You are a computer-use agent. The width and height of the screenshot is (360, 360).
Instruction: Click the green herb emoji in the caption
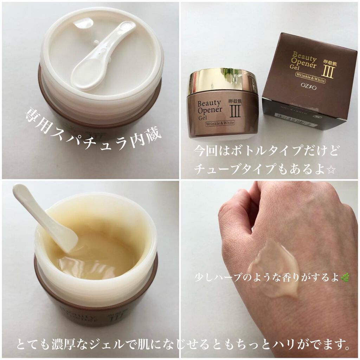click(x=345, y=278)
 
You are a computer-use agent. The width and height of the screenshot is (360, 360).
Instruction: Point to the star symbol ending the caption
click(x=331, y=171)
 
